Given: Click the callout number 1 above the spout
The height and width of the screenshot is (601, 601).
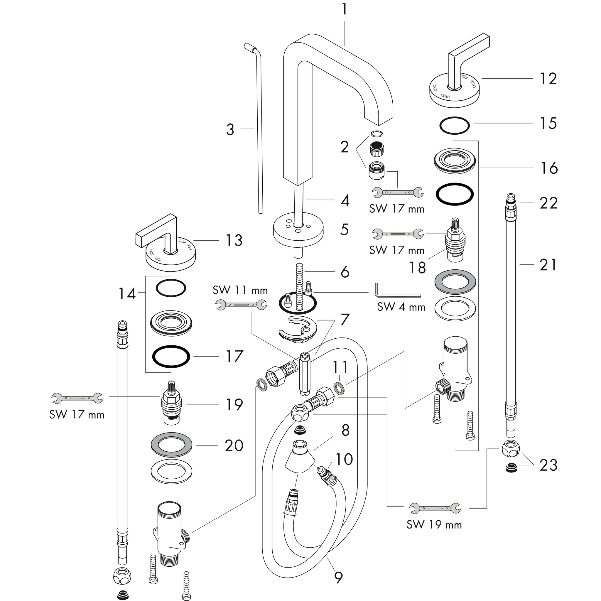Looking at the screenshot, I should [x=344, y=9].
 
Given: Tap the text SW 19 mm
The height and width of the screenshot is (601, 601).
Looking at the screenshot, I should [x=434, y=525].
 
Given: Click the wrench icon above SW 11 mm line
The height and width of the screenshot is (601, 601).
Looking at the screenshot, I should [x=241, y=305].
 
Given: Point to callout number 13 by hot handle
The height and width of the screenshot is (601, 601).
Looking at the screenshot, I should [x=234, y=240].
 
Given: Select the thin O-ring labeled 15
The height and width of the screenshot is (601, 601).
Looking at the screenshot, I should [x=455, y=126].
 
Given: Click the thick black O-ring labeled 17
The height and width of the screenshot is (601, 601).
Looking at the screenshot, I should [x=171, y=357].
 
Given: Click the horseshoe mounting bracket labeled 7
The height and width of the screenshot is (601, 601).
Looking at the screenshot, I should [x=298, y=331].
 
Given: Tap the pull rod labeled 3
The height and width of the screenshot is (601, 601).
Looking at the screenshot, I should [x=259, y=131].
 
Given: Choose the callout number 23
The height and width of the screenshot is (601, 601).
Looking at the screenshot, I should [x=548, y=465].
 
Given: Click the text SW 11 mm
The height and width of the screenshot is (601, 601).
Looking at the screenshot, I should [x=240, y=291].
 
